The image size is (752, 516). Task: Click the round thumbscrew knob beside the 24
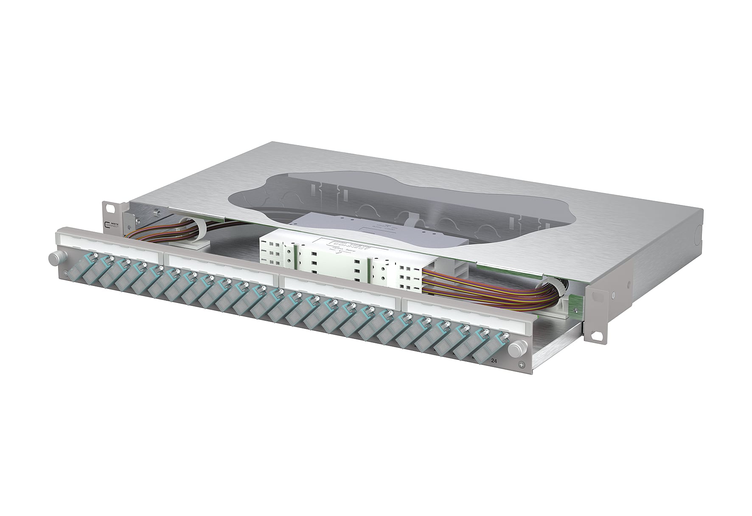tap(514, 350)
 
